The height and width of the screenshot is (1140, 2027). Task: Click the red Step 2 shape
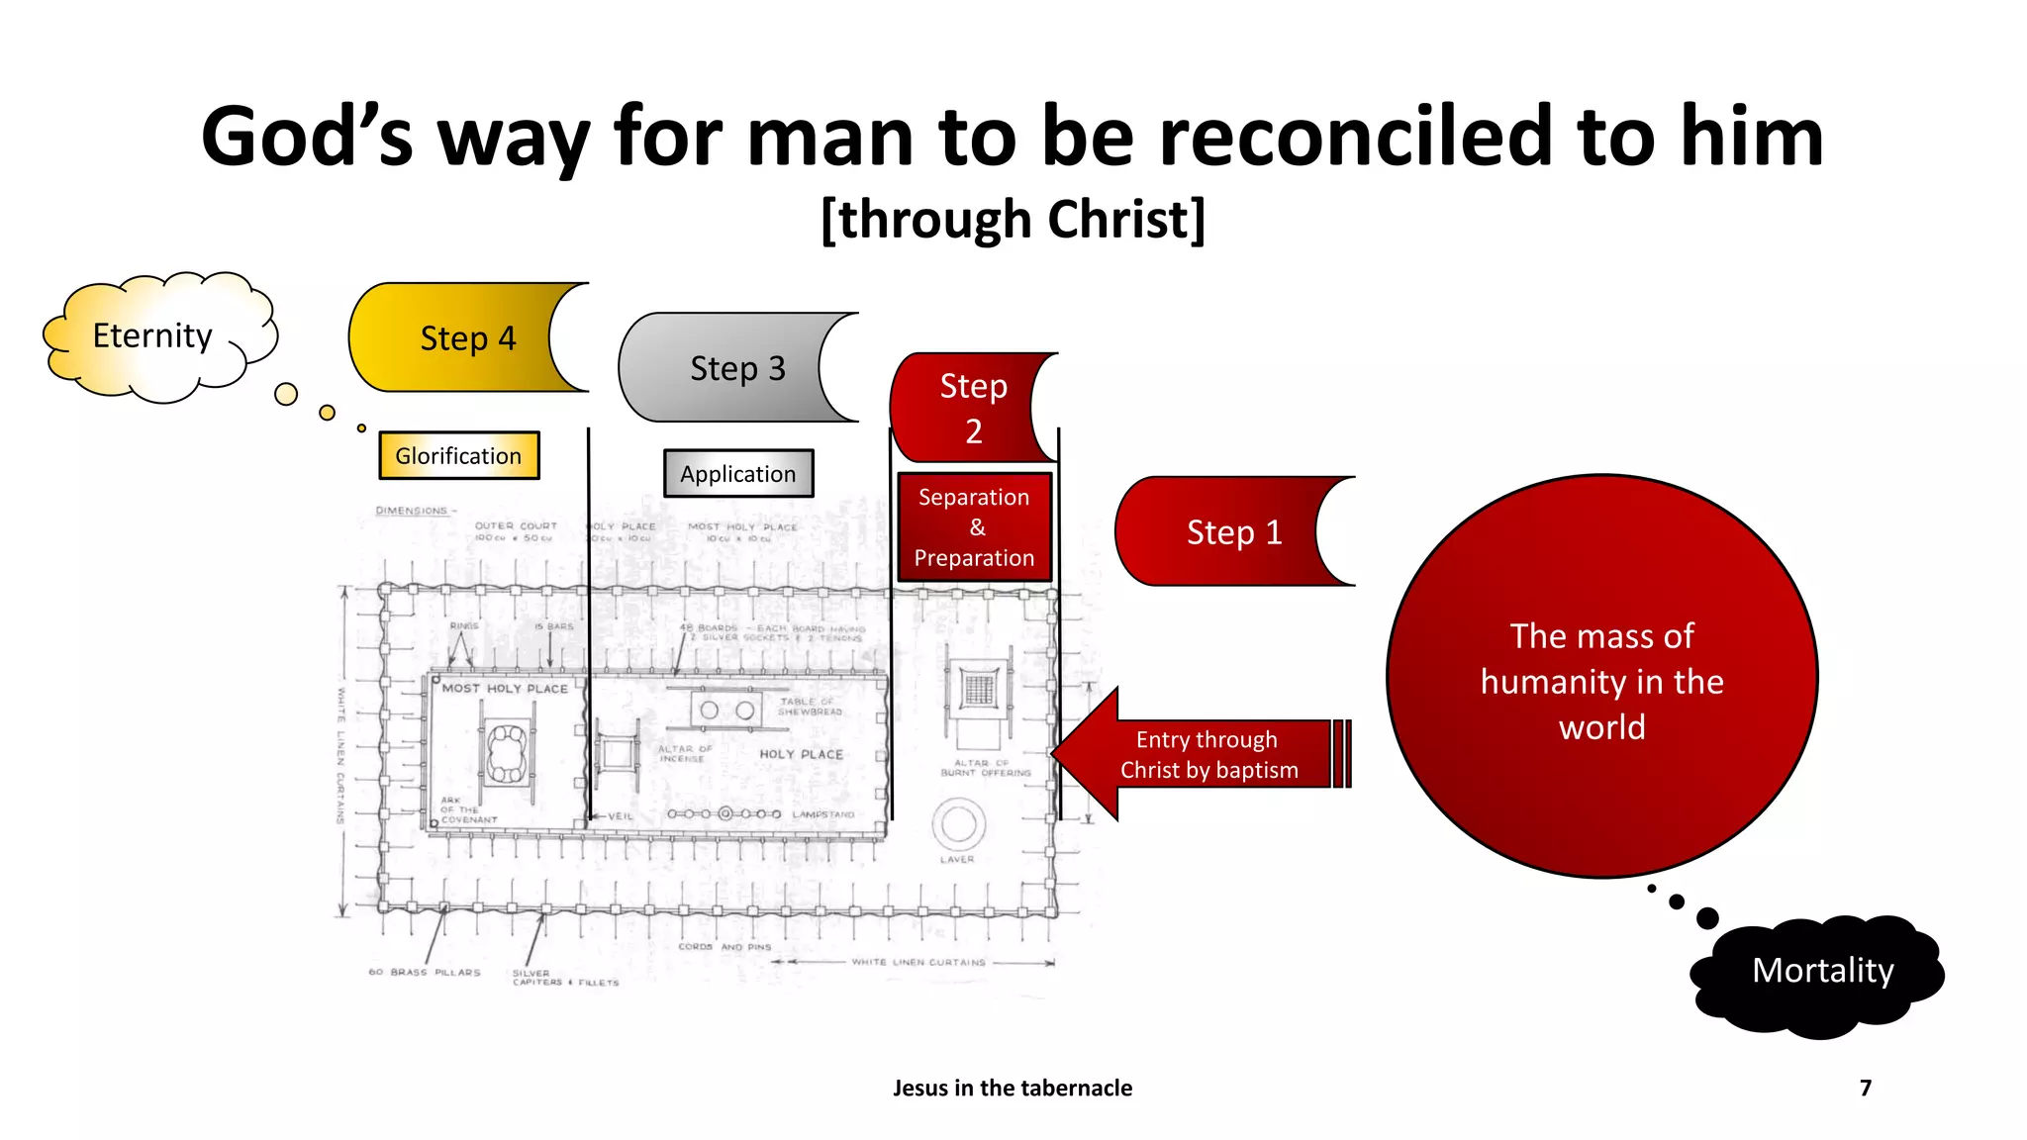click(965, 408)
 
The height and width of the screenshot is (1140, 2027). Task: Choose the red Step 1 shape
click(1227, 532)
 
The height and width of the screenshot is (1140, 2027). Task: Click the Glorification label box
click(459, 456)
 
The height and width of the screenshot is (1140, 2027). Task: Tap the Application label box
click(738, 474)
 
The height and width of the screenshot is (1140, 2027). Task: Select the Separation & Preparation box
click(975, 527)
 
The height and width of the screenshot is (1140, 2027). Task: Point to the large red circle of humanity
click(1601, 679)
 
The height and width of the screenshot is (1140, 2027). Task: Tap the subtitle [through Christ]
click(1013, 220)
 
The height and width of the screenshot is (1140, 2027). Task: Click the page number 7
click(1866, 1088)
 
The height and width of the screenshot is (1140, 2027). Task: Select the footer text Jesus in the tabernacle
click(1013, 1088)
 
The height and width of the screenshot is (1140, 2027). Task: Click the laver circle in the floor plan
click(958, 823)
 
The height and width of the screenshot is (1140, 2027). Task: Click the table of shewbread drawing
click(727, 709)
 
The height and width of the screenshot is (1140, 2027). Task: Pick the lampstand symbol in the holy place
click(725, 813)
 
